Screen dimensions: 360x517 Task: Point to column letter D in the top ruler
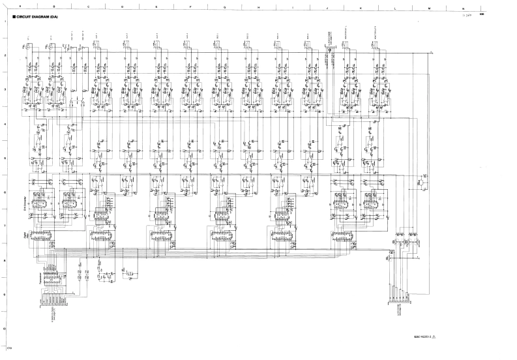point(122,7)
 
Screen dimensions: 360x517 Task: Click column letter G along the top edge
point(224,7)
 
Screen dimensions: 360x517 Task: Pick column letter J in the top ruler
point(327,7)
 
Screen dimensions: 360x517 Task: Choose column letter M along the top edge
point(429,7)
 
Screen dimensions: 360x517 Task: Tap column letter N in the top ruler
point(463,7)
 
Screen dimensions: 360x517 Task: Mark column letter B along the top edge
point(53,7)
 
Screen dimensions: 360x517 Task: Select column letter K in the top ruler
point(361,7)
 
